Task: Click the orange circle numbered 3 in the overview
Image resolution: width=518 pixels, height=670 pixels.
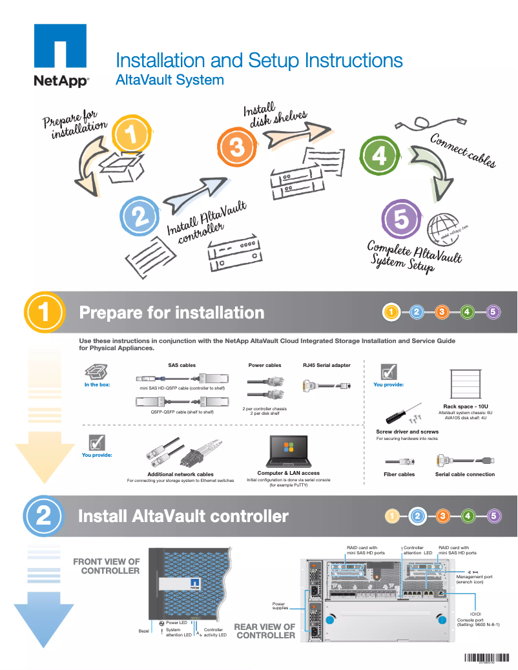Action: click(236, 147)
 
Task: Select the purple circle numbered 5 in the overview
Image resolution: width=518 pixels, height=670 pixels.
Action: click(401, 220)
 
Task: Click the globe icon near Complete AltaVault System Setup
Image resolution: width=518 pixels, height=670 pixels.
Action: click(446, 231)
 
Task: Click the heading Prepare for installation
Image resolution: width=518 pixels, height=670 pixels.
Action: click(171, 313)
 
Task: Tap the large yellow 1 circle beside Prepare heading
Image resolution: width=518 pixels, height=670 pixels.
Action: click(44, 313)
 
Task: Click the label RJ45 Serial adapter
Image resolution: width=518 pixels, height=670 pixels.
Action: click(327, 365)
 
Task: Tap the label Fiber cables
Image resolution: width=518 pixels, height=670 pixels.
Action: click(399, 474)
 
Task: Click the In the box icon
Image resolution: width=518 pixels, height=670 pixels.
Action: click(96, 372)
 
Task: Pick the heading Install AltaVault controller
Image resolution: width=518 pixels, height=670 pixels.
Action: click(183, 516)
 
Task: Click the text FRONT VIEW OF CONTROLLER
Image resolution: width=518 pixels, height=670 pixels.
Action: click(107, 566)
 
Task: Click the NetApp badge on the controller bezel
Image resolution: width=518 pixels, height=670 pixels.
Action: click(194, 583)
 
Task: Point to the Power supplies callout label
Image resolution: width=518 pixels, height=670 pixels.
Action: click(280, 605)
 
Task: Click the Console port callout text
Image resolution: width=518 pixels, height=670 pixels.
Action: click(478, 622)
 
